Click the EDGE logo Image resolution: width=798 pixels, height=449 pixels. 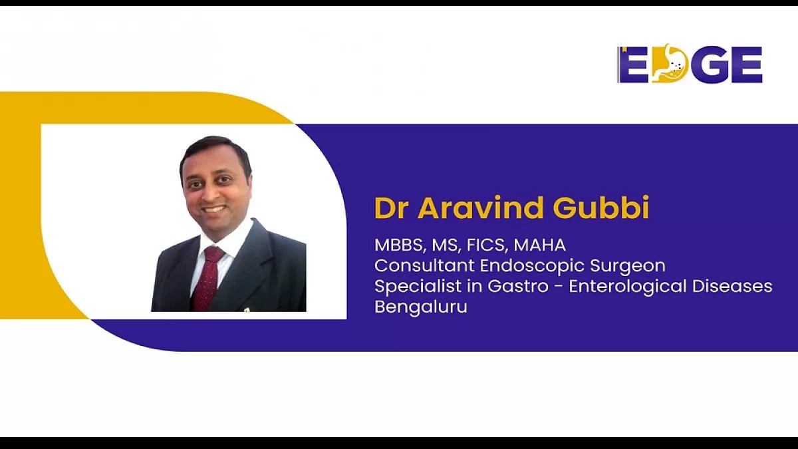[690, 65]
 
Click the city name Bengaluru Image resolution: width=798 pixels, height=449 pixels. [420, 308]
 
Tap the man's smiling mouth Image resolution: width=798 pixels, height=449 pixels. [214, 208]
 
